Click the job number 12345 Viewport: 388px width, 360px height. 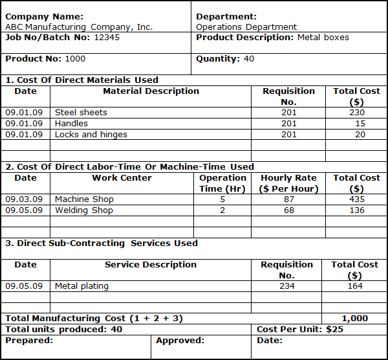(107, 38)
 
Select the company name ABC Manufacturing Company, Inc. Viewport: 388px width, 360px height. (79, 27)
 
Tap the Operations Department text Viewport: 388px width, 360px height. (246, 27)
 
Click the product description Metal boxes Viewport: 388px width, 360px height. (323, 38)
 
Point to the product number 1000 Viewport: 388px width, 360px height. (75, 59)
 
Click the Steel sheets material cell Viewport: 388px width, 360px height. (81, 113)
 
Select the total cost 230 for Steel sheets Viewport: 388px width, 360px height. (356, 113)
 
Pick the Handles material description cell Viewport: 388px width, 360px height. (71, 124)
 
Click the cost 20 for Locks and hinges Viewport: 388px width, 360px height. (360, 135)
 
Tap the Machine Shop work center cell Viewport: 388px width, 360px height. (84, 199)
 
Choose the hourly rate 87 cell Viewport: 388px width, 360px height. (289, 199)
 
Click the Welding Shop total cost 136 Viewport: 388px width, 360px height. (356, 210)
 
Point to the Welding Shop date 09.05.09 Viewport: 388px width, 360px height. (24, 210)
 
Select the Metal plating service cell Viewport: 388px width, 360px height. (81, 286)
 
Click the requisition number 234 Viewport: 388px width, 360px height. (286, 286)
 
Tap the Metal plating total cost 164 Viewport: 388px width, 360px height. (355, 286)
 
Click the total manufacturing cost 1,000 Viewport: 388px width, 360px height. (354, 319)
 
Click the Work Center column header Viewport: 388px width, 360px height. (122, 178)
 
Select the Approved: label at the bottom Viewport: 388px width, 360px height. (180, 341)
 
